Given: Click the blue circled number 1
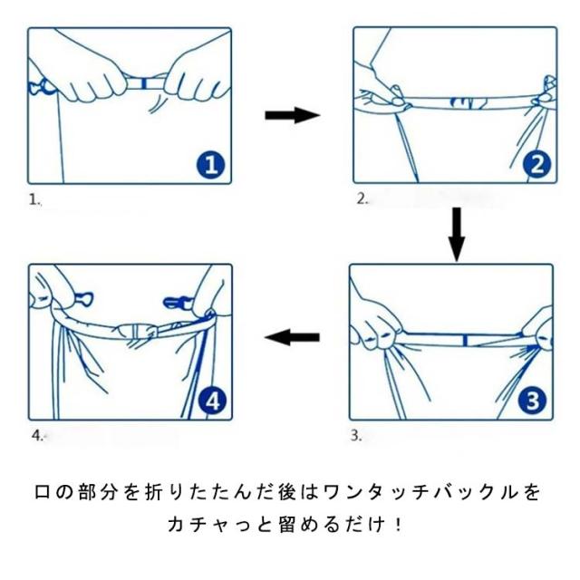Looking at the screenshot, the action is tap(210, 165).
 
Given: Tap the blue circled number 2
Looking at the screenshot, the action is tap(536, 165).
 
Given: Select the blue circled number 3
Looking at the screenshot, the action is tap(532, 401).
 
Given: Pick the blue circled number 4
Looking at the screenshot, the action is tap(213, 401).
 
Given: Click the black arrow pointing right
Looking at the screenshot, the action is tap(292, 115).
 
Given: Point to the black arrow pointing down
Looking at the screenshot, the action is tap(457, 234).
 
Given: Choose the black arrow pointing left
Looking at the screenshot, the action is tap(292, 337).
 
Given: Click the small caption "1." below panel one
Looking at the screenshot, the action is tap(34, 200).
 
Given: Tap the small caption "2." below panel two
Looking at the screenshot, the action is tap(362, 199).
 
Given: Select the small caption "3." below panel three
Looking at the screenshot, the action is tap(356, 436).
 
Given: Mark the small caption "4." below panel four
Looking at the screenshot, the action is tap(37, 436).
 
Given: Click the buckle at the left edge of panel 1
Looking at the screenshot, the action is tap(41, 87).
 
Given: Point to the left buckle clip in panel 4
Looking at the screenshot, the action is tap(84, 298).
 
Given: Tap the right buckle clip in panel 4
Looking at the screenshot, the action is tap(178, 302).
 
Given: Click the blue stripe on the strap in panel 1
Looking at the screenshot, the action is tap(144, 83).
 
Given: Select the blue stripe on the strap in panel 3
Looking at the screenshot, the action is tap(466, 341).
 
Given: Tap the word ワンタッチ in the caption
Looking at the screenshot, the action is tap(376, 493).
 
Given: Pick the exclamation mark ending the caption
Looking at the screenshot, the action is tap(398, 525).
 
